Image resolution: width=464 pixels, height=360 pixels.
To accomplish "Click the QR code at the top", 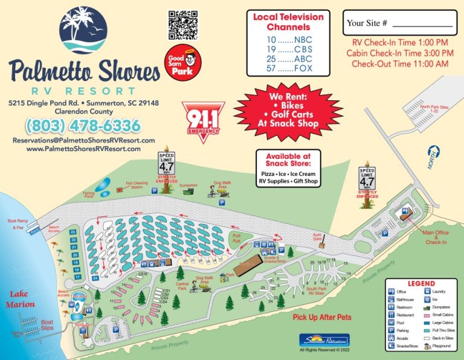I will [x=182, y=25].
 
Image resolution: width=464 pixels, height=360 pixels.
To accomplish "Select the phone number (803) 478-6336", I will [x=82, y=126].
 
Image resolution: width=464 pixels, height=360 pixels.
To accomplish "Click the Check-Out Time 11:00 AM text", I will [x=399, y=63].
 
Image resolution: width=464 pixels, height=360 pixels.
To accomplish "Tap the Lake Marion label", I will [x=21, y=300].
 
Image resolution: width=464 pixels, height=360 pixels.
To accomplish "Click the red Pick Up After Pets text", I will [x=321, y=317].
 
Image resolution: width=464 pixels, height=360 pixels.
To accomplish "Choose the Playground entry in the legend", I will [x=442, y=346].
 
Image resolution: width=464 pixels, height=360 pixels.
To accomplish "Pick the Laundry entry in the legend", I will [x=442, y=292].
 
